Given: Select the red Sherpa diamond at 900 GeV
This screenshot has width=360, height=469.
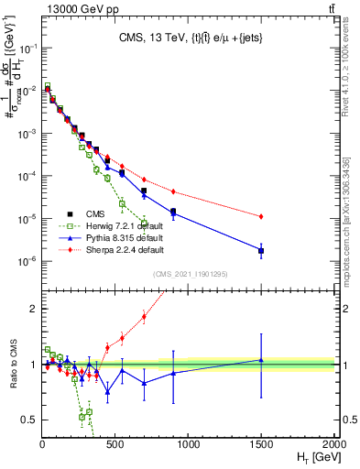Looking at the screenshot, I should (x=173, y=191).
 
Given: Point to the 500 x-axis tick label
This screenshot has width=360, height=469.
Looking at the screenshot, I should (x=115, y=443).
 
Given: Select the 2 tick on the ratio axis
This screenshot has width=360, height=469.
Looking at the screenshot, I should (x=33, y=309).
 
